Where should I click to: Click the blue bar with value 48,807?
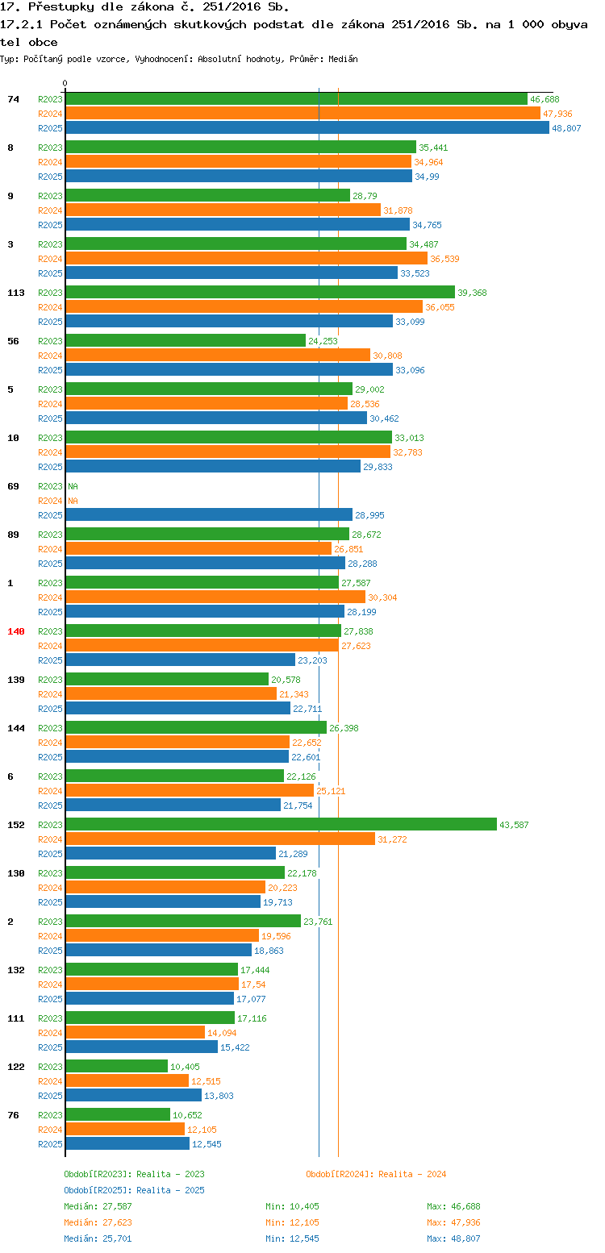pos(307,128)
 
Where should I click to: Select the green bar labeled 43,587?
pos(281,825)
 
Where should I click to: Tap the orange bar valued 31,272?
pos(220,839)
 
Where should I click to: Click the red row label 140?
pos(16,631)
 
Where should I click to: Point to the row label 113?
pos(16,293)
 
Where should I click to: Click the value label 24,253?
pos(323,341)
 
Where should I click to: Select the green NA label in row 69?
pos(73,486)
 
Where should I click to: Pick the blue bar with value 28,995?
pos(209,515)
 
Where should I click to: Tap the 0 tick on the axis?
pos(65,83)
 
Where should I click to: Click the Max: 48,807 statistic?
pos(453,1238)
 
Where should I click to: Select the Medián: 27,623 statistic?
pos(98,1222)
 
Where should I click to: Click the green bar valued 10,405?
pos(116,1067)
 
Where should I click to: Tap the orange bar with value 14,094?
pos(135,1033)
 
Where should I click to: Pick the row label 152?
pos(16,825)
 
